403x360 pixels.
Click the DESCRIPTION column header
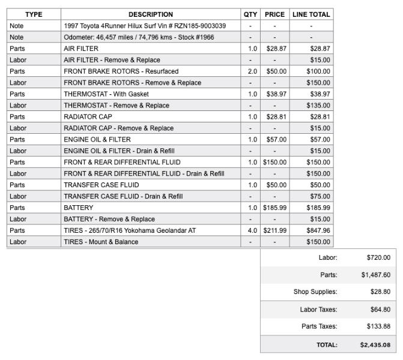click(x=150, y=14)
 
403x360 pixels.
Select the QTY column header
click(x=250, y=14)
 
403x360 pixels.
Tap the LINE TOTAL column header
click(x=311, y=14)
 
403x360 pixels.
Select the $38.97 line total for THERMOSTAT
click(x=320, y=94)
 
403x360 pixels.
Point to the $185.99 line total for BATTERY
click(x=318, y=208)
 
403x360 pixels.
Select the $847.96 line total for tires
click(x=318, y=230)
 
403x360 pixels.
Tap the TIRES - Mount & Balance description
click(x=101, y=242)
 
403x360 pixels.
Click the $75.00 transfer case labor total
click(x=320, y=196)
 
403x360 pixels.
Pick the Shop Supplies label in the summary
click(x=315, y=292)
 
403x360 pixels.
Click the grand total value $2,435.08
click(x=375, y=345)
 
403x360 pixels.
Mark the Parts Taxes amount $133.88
click(x=378, y=327)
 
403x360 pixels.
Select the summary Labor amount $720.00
click(x=378, y=257)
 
